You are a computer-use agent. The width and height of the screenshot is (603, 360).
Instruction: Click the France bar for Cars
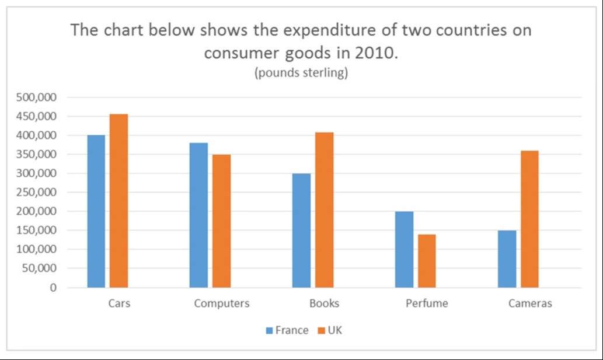(x=96, y=211)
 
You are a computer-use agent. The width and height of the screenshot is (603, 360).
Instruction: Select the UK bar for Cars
(x=118, y=201)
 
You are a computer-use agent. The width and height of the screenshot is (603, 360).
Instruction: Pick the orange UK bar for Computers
(x=221, y=221)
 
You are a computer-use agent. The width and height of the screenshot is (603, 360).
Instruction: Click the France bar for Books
(x=301, y=230)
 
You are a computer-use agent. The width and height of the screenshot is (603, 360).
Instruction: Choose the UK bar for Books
(x=324, y=210)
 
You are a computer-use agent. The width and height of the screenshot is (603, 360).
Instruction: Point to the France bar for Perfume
(x=404, y=249)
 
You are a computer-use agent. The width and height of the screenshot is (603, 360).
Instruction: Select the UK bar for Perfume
(x=427, y=261)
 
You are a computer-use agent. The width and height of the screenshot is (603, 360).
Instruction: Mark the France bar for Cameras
(x=507, y=258)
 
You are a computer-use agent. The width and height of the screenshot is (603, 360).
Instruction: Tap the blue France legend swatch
(x=270, y=331)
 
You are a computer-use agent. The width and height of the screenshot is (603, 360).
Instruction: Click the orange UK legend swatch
(x=320, y=331)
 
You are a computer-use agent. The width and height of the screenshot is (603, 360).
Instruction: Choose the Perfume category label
(x=427, y=303)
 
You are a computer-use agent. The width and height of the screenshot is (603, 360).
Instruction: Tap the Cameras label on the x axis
(x=529, y=303)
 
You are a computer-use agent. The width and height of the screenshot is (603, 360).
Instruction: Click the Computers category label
(x=222, y=303)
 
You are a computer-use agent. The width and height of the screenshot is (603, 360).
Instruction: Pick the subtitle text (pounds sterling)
(x=301, y=74)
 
